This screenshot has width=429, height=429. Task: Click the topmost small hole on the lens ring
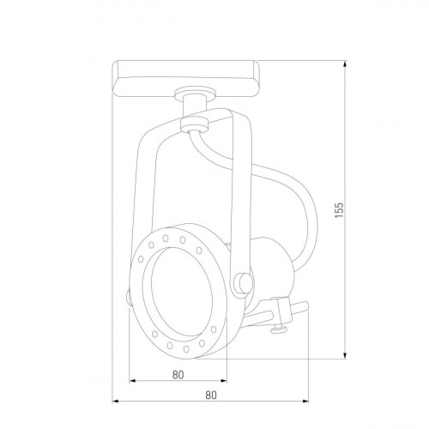pyautogui.click(x=182, y=231)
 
